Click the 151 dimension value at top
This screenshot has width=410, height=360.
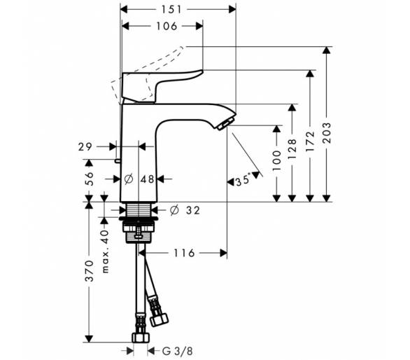(171, 10)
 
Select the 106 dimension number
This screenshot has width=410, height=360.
(167, 26)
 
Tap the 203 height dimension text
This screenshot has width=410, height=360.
(326, 133)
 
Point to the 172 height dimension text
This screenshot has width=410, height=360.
(310, 141)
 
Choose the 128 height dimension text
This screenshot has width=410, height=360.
(292, 148)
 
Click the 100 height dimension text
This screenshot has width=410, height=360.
(276, 160)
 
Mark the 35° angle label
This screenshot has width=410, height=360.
(243, 181)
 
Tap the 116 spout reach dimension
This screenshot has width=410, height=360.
(184, 253)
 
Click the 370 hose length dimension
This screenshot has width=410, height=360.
(90, 271)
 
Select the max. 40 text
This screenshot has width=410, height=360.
(105, 251)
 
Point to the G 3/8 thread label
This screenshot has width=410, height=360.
(178, 351)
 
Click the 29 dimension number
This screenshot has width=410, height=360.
(85, 147)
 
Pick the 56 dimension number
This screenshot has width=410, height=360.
(90, 179)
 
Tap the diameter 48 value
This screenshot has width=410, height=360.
(140, 179)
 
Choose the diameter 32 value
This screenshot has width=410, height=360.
(185, 210)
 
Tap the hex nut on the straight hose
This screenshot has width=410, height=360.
(141, 338)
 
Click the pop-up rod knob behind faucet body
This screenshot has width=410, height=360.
(117, 160)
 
